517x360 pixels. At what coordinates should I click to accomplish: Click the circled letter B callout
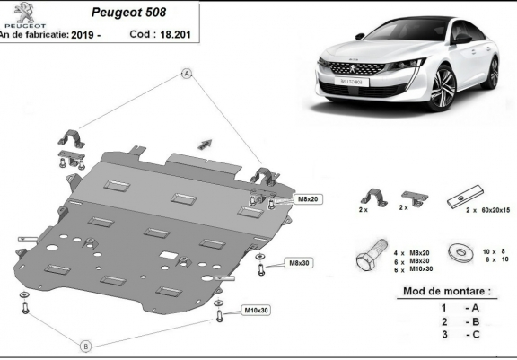pyautogui.click(x=85, y=345)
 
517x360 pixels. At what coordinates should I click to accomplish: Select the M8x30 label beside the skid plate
pyautogui.click(x=299, y=263)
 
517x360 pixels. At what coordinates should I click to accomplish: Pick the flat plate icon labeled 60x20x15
pyautogui.click(x=471, y=196)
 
